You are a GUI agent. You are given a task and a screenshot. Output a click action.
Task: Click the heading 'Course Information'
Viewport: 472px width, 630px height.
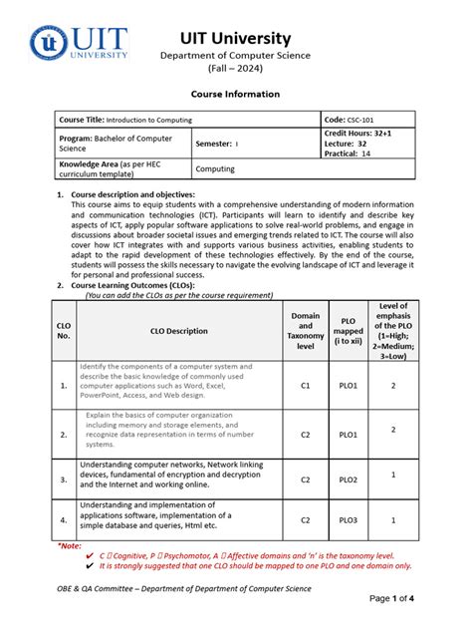pos(236,94)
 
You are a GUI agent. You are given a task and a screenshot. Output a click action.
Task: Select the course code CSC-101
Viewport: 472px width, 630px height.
pos(373,118)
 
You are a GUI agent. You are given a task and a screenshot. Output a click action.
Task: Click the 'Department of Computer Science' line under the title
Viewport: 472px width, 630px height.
pos(236,56)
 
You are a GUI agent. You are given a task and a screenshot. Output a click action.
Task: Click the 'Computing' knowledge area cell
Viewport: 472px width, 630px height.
pos(218,169)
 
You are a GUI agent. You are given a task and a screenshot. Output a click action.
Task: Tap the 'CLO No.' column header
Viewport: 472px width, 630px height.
pos(65,331)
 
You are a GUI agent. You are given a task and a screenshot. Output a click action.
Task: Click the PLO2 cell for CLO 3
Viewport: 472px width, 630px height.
pos(349,479)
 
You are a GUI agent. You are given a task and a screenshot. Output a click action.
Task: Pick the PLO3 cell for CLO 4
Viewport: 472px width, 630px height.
pos(349,519)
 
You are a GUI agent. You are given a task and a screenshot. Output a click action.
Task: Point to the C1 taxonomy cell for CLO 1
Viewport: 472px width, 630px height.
pos(306,385)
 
